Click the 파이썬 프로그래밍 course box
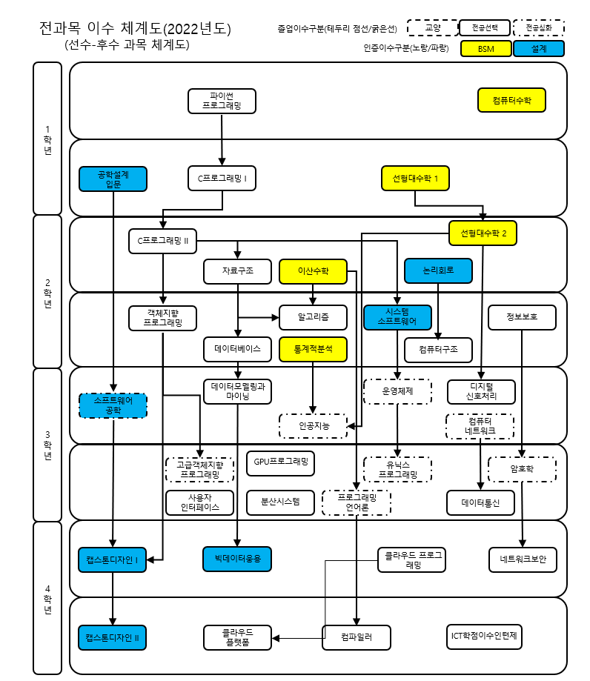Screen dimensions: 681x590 222,101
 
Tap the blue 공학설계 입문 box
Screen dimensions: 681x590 113,179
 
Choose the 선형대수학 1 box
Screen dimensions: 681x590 415,179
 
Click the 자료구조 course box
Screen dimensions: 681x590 238,271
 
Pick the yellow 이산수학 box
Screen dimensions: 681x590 313,271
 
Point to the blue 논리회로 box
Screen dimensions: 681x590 438,270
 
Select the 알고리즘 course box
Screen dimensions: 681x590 313,317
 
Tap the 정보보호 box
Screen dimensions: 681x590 522,317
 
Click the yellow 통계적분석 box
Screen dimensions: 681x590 313,348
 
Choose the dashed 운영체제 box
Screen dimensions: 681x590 397,391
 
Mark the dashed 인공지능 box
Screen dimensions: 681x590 313,425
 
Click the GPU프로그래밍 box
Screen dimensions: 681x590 280,462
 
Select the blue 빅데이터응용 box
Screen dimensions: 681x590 238,559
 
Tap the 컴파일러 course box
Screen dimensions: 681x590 357,637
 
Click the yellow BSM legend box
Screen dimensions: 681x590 485,49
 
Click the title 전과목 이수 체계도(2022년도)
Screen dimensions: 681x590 135,30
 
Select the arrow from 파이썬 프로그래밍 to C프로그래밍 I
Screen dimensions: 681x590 222,137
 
